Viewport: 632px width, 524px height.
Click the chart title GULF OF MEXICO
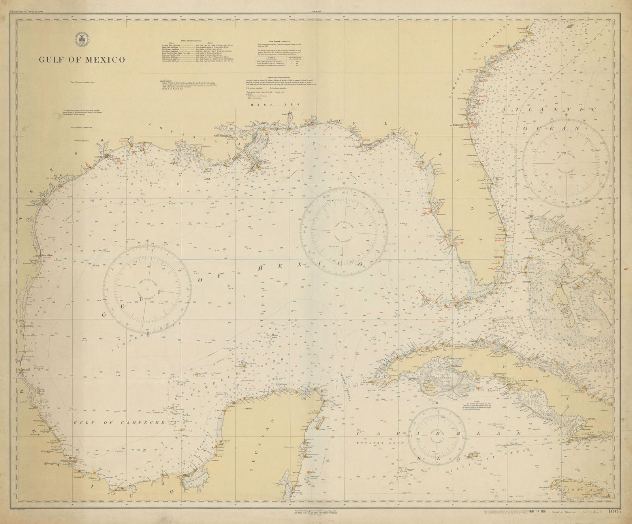point(82,60)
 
